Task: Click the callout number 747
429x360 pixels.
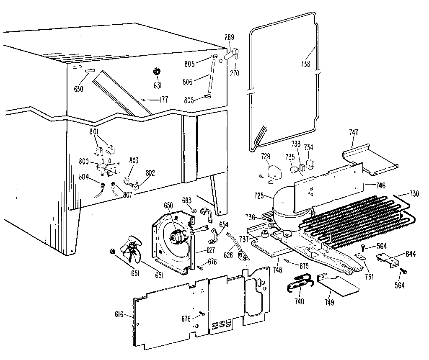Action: pyautogui.click(x=354, y=132)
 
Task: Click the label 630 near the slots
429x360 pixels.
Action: pyautogui.click(x=78, y=88)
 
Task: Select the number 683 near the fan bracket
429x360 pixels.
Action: pyautogui.click(x=187, y=200)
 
